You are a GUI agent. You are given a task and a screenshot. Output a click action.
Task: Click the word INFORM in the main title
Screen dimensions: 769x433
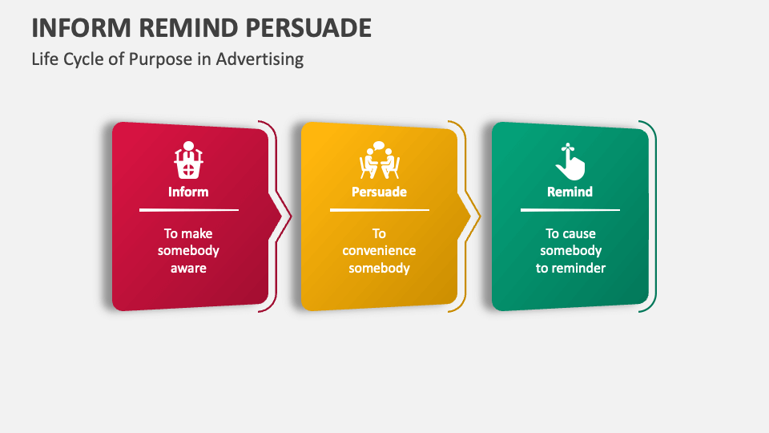coord(81,28)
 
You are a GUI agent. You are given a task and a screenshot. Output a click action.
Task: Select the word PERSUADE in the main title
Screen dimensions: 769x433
coord(308,28)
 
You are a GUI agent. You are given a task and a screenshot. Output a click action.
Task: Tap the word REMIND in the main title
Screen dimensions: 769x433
coord(187,28)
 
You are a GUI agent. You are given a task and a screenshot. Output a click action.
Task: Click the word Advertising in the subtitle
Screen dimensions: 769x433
coord(260,59)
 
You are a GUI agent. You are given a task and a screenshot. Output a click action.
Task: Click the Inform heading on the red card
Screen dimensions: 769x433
coord(188,192)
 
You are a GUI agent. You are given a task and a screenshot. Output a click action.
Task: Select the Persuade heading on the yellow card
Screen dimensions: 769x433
coord(379,192)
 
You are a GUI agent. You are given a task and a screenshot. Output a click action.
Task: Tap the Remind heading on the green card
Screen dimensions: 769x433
coord(570,192)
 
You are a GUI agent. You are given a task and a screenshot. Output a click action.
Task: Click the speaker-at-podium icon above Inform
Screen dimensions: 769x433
coord(188,160)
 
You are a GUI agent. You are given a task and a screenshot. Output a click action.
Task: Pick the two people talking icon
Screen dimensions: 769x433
coord(379,160)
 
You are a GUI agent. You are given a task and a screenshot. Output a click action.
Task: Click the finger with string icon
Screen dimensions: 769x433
coord(570,161)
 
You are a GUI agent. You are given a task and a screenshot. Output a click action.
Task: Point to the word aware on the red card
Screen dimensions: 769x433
coord(188,268)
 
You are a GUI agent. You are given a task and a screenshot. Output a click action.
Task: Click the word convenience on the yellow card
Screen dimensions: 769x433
coord(379,250)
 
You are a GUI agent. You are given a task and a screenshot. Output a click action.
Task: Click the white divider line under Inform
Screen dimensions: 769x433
coord(189,210)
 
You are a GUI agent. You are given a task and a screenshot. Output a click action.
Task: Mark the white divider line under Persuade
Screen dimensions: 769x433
coord(380,210)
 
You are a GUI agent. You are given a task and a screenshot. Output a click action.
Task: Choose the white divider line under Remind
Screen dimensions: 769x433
coord(570,210)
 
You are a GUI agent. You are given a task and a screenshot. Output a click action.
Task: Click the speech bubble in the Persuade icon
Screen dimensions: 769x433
coord(379,146)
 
